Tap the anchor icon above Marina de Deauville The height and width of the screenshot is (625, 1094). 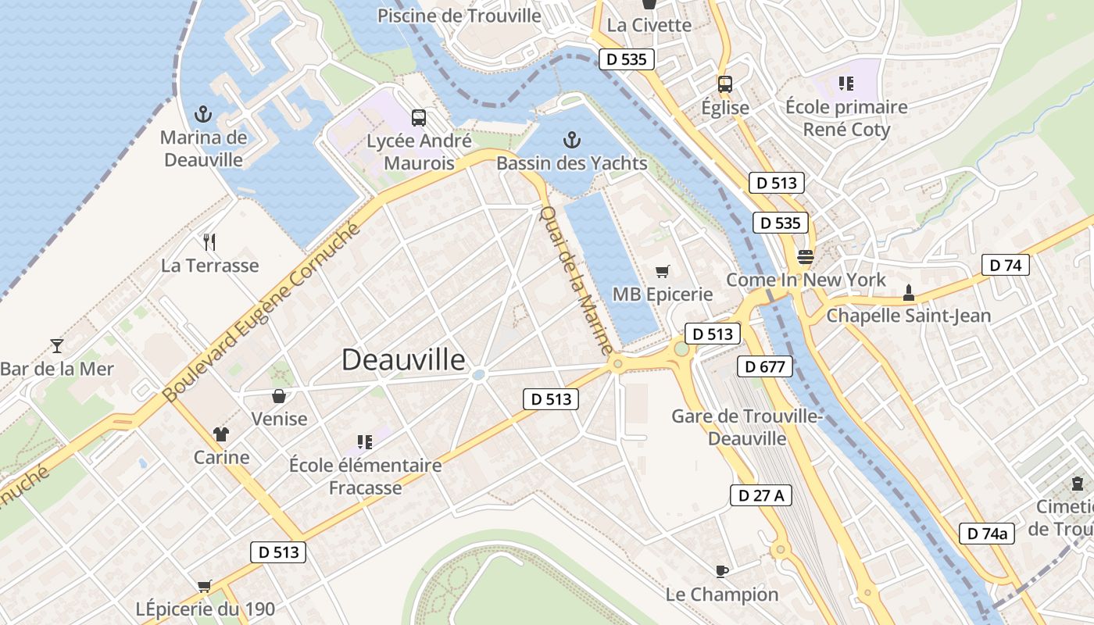203,114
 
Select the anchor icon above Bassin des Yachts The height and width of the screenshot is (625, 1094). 572,140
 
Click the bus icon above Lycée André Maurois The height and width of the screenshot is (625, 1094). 419,118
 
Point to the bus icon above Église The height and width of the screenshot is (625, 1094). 725,84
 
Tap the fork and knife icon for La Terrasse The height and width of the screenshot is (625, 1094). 209,241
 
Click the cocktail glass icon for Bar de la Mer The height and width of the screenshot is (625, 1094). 56,345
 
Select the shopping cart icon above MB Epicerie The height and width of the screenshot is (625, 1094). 663,271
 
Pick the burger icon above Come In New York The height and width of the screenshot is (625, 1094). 806,256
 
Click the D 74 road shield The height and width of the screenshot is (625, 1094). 1005,265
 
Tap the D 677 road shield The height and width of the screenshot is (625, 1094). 765,366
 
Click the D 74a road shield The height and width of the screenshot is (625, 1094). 987,534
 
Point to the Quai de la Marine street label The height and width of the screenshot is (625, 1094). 577,280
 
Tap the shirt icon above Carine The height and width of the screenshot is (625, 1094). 221,434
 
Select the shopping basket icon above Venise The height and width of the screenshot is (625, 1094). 279,396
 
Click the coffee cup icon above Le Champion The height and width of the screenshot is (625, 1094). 722,571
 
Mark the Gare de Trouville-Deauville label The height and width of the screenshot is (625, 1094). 746,427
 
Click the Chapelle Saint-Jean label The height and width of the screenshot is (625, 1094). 908,316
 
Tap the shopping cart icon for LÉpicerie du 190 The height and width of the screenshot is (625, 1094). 205,586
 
